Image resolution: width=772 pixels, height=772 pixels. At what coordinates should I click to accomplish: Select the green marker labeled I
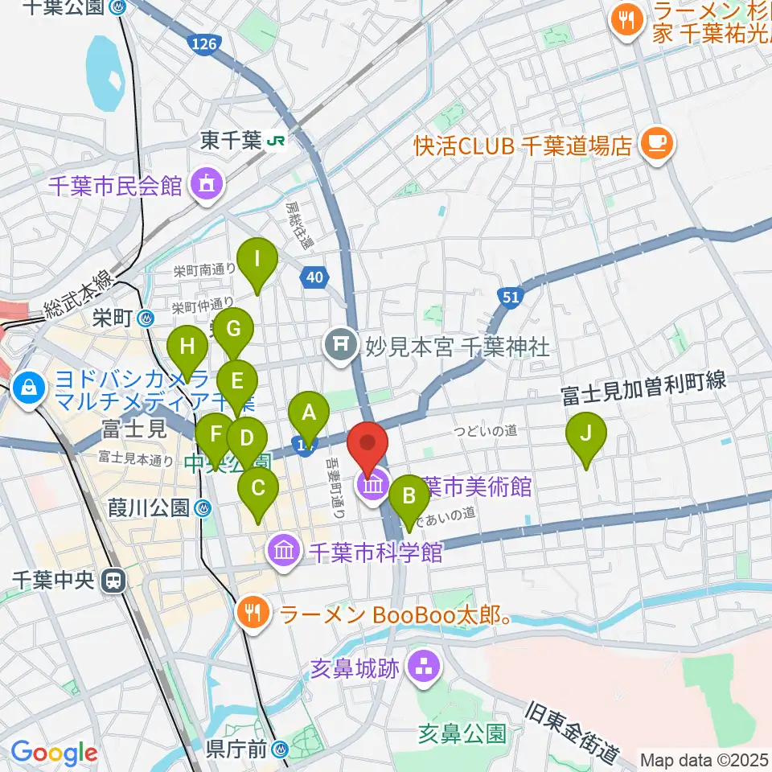coord(257,262)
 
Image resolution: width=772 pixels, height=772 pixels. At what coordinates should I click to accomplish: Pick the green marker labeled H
coord(187,350)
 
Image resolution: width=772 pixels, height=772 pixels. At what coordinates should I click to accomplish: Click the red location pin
coord(368,446)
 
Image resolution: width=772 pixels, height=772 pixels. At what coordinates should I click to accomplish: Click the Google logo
coord(54,753)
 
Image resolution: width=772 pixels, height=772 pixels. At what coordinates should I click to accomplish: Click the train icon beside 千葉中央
coord(116,579)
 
